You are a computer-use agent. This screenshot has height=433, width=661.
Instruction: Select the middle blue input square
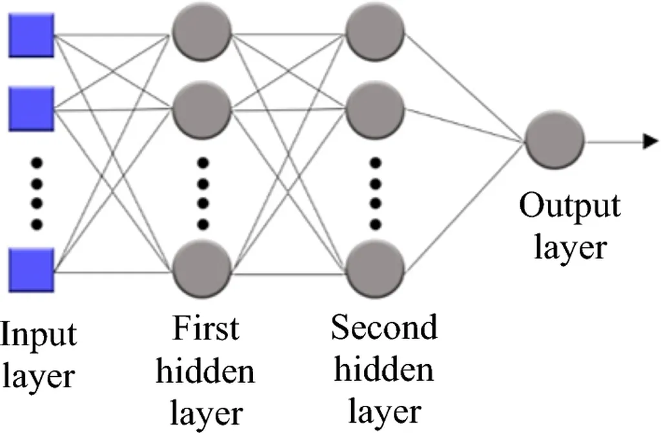coord(32,108)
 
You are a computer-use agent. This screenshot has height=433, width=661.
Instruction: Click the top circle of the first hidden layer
coord(202,31)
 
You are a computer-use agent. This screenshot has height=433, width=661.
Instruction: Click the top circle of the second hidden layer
coord(375,31)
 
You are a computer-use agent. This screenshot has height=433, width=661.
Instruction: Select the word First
coord(205,330)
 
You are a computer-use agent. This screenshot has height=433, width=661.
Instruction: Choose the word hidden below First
coord(205,371)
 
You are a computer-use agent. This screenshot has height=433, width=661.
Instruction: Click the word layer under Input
coord(37,375)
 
